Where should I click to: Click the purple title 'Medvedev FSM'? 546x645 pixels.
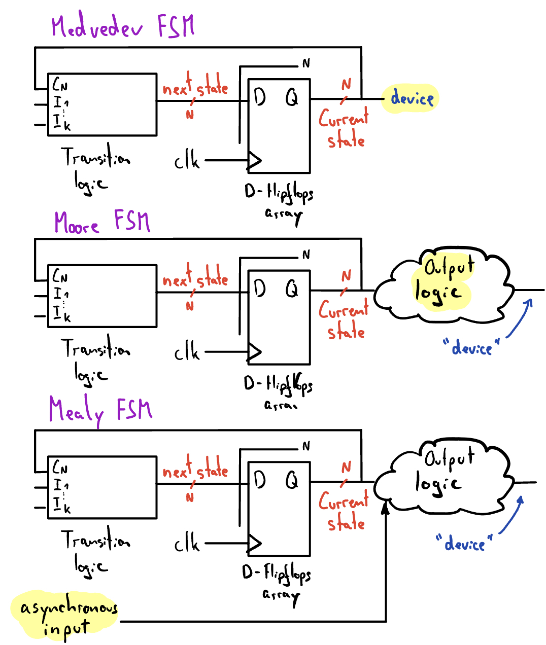pyautogui.click(x=123, y=26)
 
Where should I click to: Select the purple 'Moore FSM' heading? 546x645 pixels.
pyautogui.click(x=103, y=222)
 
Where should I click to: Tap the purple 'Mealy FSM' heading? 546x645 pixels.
pyautogui.click(x=100, y=410)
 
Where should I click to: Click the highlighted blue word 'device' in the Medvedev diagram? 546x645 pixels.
pyautogui.click(x=412, y=98)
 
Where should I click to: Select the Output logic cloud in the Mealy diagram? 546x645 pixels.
pyautogui.click(x=444, y=479)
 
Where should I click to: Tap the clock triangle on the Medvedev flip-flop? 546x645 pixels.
pyautogui.click(x=254, y=161)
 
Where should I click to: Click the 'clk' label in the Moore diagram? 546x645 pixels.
pyautogui.click(x=187, y=351)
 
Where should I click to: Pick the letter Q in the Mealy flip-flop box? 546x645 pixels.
pyautogui.click(x=292, y=480)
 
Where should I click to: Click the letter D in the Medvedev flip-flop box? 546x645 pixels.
pyautogui.click(x=260, y=96)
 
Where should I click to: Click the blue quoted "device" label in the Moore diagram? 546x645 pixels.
pyautogui.click(x=471, y=348)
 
